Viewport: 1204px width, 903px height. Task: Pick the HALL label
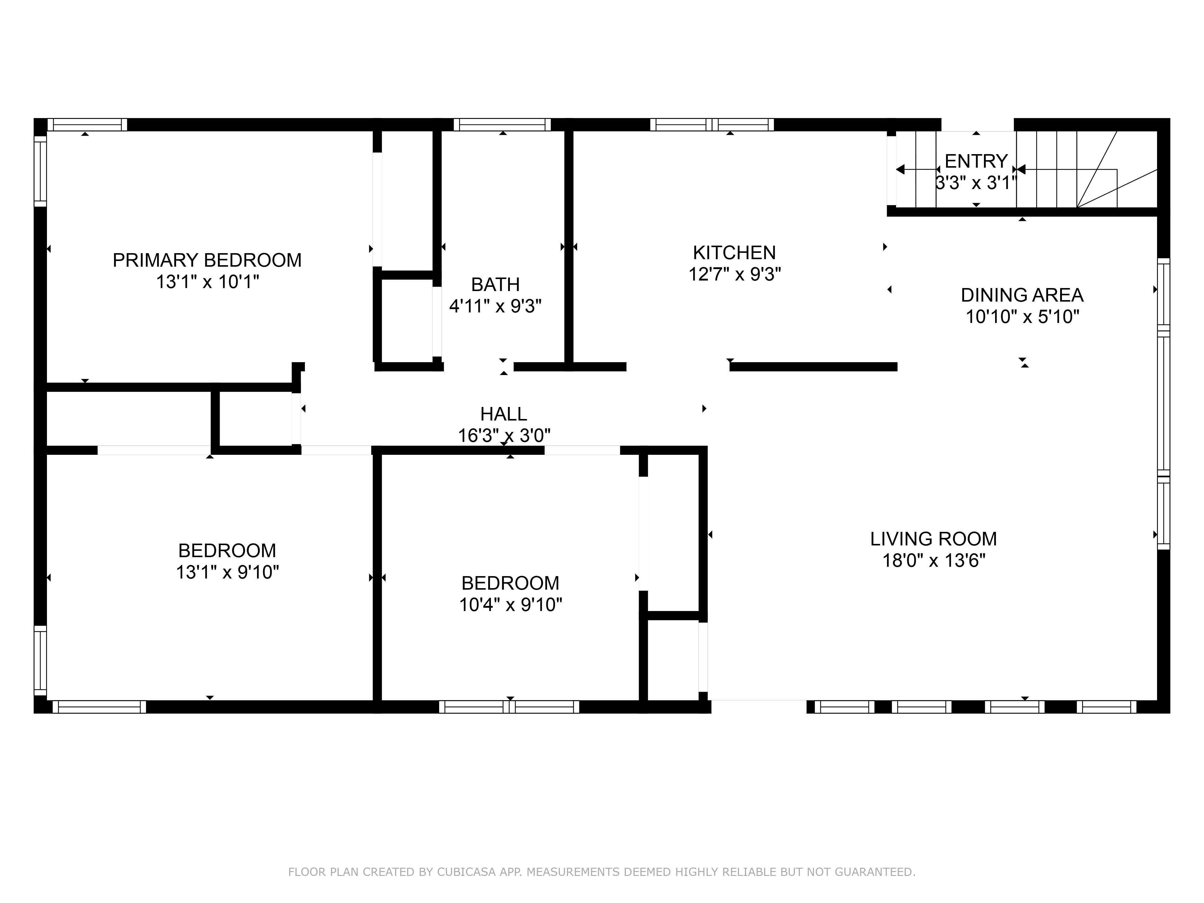(504, 414)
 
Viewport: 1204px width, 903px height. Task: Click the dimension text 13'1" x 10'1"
(207, 282)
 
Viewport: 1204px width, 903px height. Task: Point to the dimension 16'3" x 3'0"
(504, 436)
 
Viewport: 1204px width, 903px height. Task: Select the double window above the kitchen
(712, 125)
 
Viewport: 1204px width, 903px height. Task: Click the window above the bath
(502, 125)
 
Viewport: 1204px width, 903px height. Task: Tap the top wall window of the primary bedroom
(87, 125)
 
